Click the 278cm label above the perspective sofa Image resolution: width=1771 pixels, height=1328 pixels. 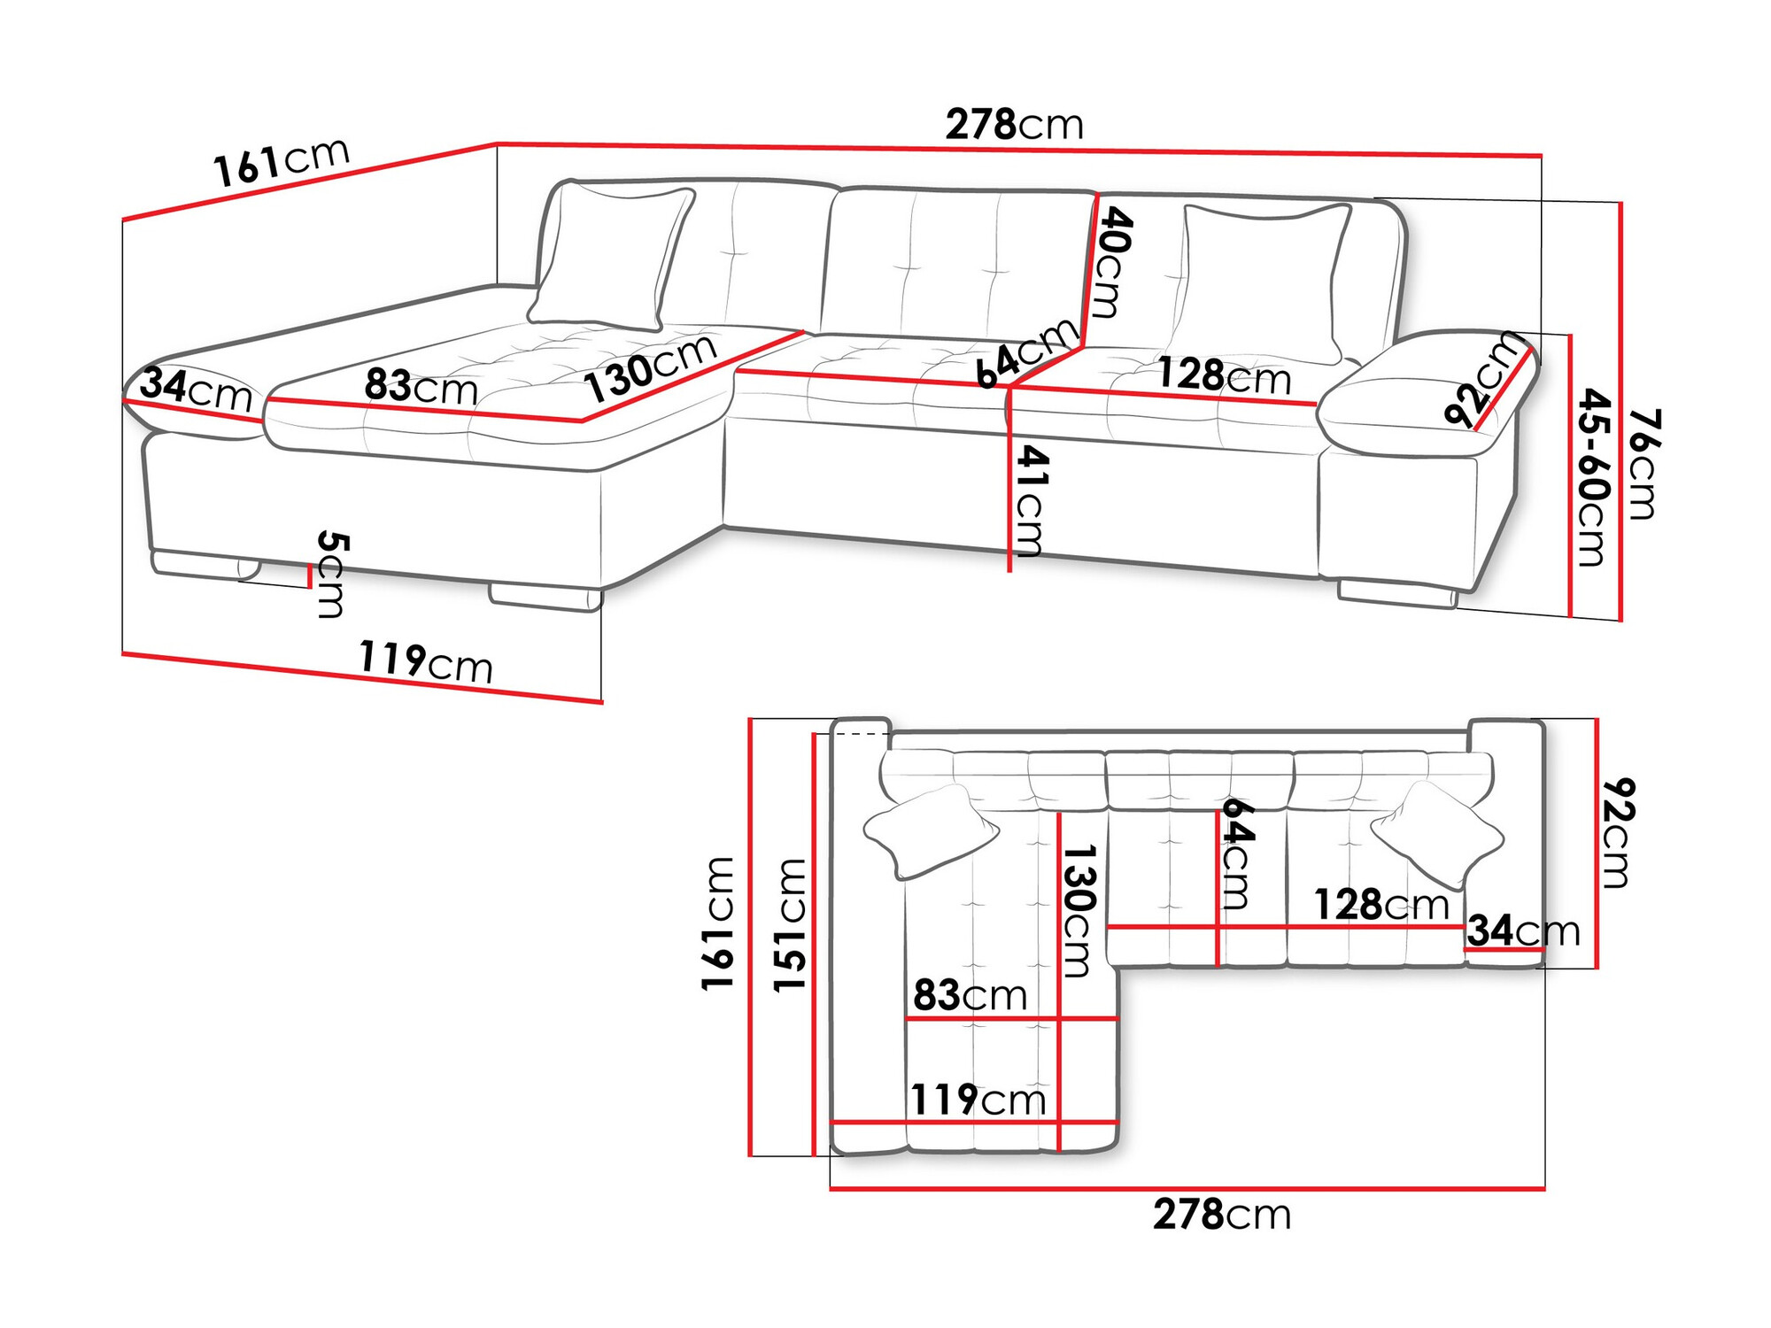(x=1014, y=125)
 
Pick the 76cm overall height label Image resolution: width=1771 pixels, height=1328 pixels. (x=1643, y=463)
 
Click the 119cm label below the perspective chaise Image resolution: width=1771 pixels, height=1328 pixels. (x=425, y=661)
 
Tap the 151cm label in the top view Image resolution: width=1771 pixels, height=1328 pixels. (x=790, y=924)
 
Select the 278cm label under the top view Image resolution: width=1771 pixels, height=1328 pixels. (x=1221, y=1215)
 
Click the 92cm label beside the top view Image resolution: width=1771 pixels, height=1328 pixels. (x=1617, y=832)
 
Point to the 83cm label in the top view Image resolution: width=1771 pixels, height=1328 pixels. (x=970, y=995)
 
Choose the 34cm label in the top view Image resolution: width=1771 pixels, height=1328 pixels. (x=1522, y=930)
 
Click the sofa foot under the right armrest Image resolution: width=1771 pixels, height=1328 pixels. (x=1396, y=594)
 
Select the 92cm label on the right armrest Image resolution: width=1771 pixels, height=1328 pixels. (x=1486, y=381)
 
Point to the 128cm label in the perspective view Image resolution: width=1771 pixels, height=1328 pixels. (x=1224, y=375)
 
